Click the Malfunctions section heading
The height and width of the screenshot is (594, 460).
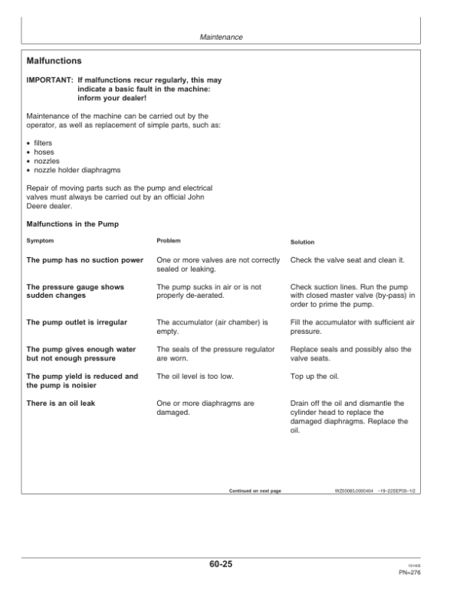click(54, 60)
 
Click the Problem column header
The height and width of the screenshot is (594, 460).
click(169, 241)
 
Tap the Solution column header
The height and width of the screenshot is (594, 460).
click(302, 242)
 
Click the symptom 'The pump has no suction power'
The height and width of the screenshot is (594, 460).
click(84, 260)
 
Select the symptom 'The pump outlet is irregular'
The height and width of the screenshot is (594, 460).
click(77, 322)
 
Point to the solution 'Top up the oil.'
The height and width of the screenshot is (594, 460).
click(316, 377)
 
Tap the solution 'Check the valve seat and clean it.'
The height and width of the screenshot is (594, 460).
click(347, 260)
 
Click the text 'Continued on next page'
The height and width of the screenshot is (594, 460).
click(255, 490)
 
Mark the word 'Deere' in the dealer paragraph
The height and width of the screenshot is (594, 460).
click(38, 205)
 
